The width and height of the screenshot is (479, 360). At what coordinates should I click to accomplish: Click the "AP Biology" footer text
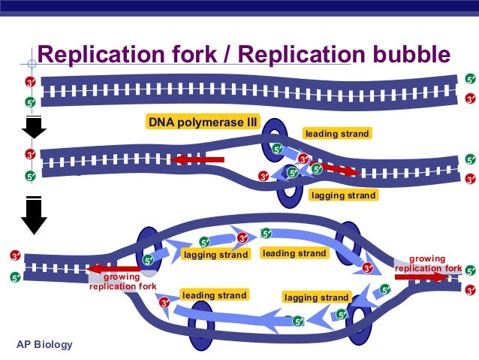coord(45,344)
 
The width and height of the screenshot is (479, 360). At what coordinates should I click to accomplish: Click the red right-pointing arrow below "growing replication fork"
coord(420,277)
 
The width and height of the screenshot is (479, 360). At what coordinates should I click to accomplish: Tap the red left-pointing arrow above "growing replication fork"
coord(113,269)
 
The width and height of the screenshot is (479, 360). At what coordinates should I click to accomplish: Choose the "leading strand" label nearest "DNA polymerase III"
coord(336,134)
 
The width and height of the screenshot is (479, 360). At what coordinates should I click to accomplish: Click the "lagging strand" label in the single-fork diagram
coord(343,195)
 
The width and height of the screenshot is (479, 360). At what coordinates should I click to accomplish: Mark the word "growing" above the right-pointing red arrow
coord(427,259)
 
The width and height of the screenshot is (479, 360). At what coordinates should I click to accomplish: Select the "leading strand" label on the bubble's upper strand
coord(294,253)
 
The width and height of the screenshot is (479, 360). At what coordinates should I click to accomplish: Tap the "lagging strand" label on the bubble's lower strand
coord(316,298)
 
